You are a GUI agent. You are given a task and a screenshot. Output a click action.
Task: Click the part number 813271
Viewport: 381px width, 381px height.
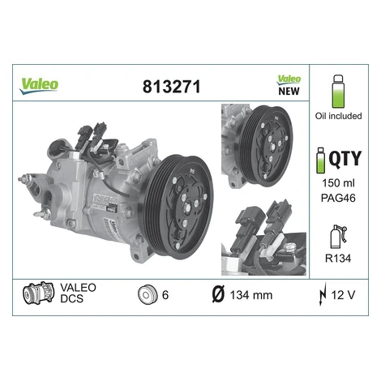[x=172, y=87]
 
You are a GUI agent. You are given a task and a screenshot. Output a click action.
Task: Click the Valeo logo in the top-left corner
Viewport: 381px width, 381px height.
[x=39, y=86]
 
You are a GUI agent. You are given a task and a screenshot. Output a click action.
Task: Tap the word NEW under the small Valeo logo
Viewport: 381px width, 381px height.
[x=289, y=91]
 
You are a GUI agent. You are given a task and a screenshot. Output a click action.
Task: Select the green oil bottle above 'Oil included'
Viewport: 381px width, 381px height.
[x=338, y=92]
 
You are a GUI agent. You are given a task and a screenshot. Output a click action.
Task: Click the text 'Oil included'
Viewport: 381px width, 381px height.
[x=338, y=116]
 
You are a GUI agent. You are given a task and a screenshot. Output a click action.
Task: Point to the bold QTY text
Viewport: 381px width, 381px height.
[x=345, y=159]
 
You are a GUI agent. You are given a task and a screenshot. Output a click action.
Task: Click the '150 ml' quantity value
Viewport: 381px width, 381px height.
[x=338, y=183]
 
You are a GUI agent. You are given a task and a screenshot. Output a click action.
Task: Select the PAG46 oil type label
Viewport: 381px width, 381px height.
[x=338, y=198]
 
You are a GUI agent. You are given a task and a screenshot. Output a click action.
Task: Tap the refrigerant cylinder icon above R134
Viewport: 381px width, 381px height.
[x=338, y=237]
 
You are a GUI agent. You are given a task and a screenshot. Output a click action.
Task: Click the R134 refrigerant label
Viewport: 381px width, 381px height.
[x=338, y=259]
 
